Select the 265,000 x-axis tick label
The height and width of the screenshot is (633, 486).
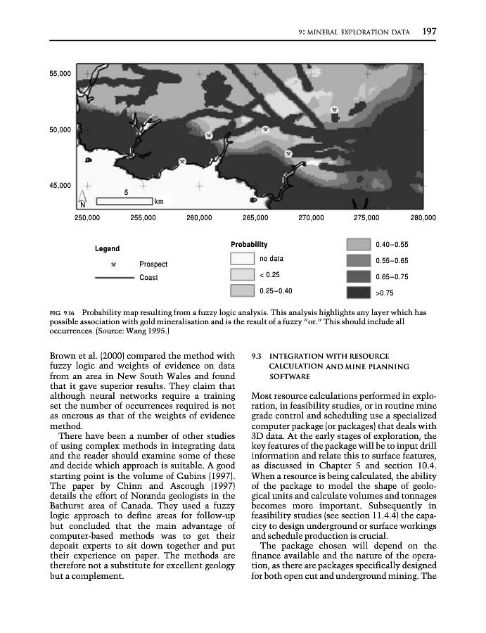tap(255, 218)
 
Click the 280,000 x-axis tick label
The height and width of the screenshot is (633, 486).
tap(423, 218)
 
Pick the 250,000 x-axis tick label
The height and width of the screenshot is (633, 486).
tap(87, 218)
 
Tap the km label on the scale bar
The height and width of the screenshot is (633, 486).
tap(160, 202)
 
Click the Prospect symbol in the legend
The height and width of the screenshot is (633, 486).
tap(113, 264)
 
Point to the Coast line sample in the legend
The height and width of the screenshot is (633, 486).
tap(113, 278)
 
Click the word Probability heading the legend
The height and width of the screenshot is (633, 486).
tap(249, 244)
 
